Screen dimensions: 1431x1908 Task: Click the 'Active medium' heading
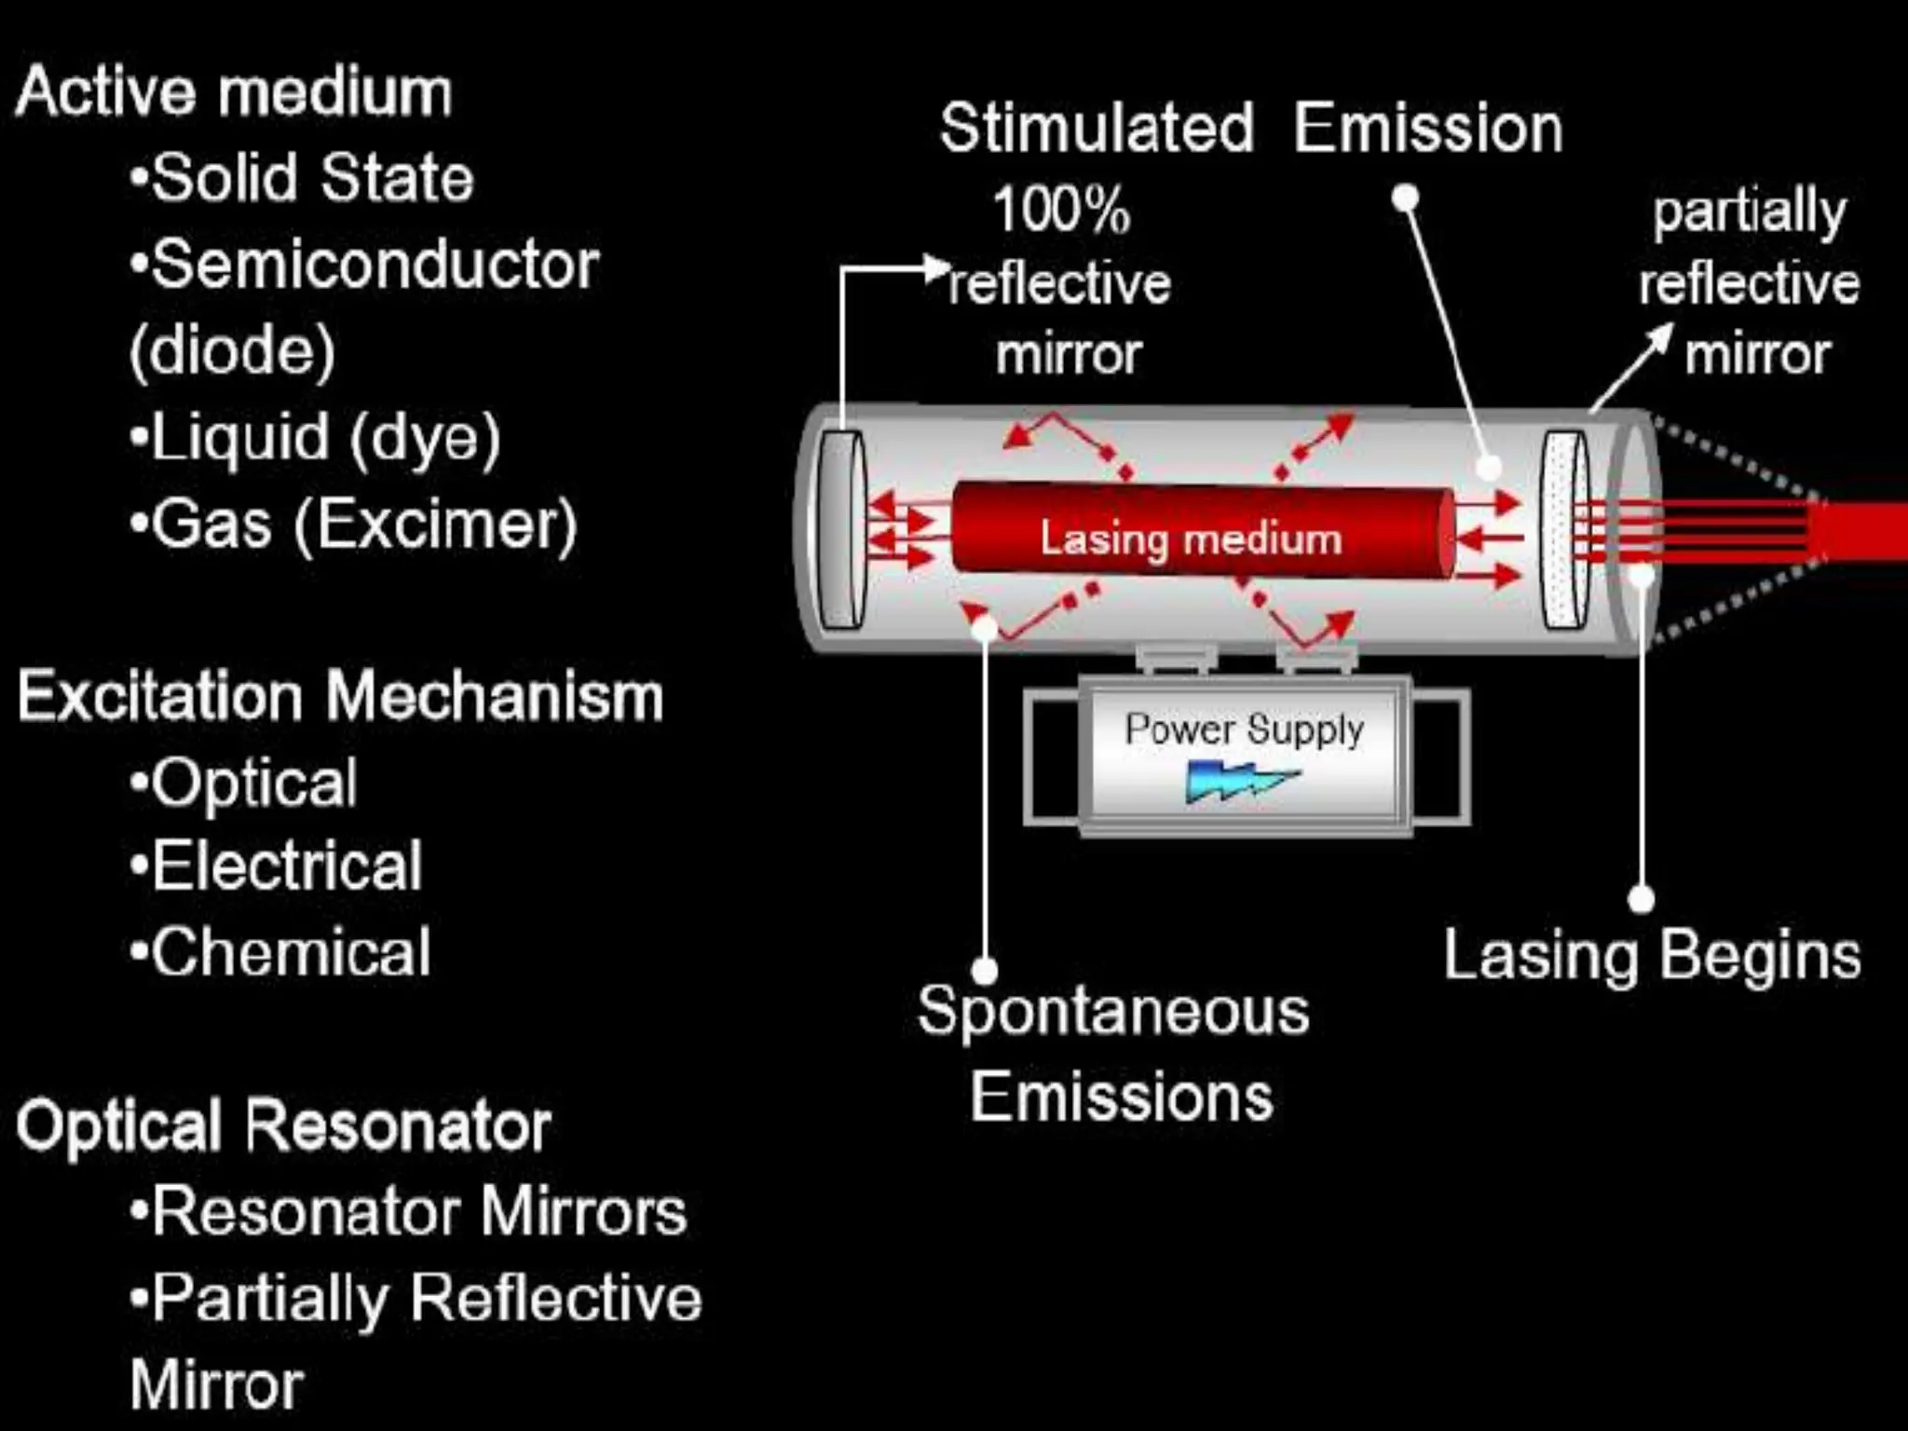pos(234,92)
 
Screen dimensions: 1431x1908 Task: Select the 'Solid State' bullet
pos(312,178)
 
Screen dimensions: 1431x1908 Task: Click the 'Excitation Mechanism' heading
pos(340,696)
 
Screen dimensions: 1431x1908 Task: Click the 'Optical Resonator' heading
pos(284,1125)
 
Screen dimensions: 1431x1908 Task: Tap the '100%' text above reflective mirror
pos(1061,210)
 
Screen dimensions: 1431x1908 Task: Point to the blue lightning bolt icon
pos(1240,782)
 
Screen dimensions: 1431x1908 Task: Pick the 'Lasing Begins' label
pos(1652,956)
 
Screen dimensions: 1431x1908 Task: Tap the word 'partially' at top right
pos(1749,212)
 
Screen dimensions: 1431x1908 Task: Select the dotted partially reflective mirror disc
pos(1564,528)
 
